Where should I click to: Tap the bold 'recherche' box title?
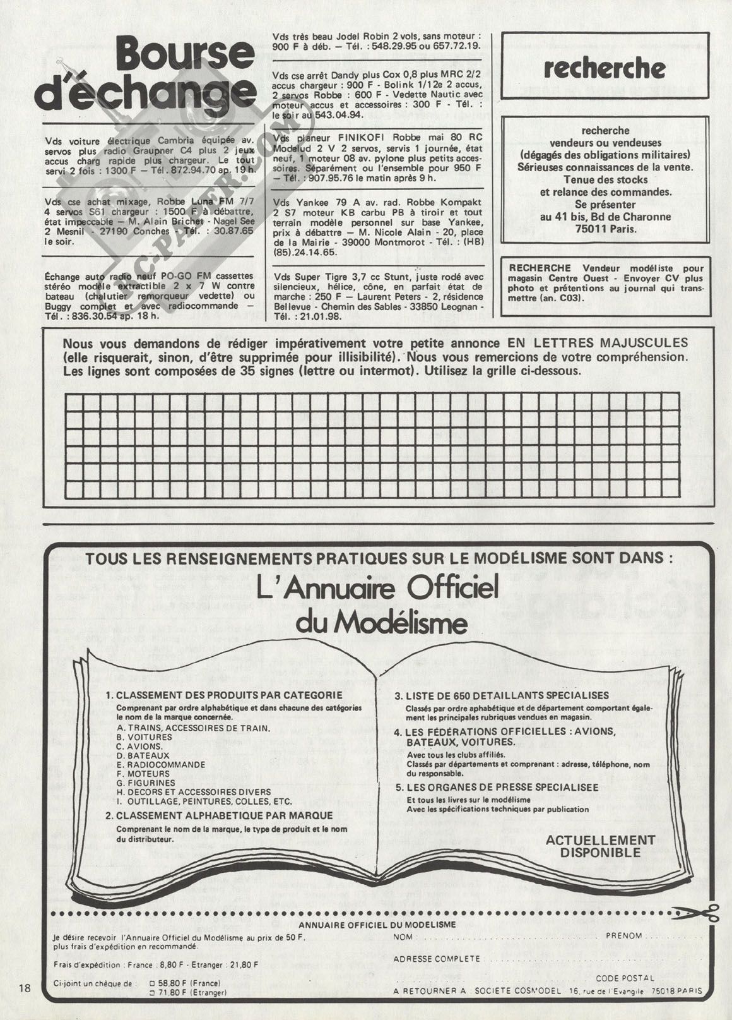point(604,68)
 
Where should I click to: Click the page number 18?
point(25,987)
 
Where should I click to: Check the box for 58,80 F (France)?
point(151,983)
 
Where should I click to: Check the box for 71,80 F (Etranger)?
point(151,992)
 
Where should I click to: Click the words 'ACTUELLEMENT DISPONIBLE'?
point(591,846)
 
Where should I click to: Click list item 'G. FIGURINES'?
point(146,783)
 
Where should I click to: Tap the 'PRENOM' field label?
point(623,935)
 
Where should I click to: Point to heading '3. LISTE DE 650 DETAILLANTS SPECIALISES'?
point(501,695)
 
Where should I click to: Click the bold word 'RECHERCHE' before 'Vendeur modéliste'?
point(540,268)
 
